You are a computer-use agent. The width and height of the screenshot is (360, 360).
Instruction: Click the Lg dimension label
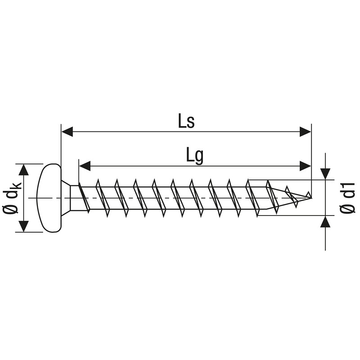pos(194,155)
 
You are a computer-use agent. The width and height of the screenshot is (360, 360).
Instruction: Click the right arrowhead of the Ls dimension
pos(305,132)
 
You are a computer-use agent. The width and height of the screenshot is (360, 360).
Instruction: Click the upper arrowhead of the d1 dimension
pos(325,174)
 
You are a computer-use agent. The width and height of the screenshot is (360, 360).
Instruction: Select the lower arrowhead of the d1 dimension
pos(325,222)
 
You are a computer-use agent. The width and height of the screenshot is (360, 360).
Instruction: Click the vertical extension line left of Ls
pos(61,144)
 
